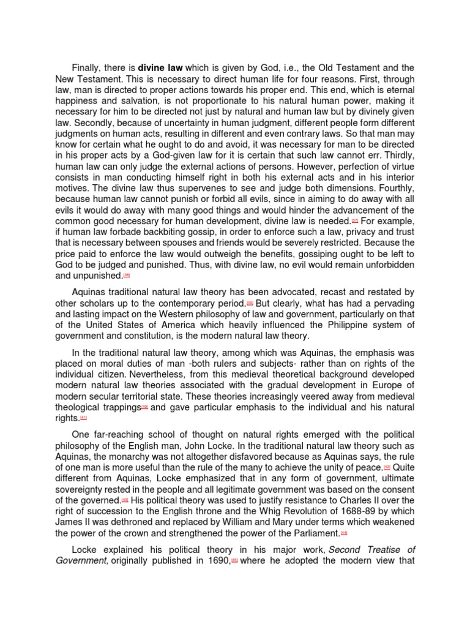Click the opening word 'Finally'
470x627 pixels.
[88, 68]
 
